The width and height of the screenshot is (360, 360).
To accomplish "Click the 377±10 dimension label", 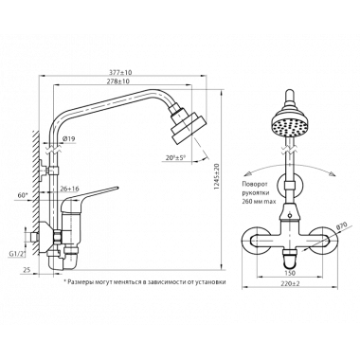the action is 121,72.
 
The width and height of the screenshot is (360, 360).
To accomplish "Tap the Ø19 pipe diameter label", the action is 68,138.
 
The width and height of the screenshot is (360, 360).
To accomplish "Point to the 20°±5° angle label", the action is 176,157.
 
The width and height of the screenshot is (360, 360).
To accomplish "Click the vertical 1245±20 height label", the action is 216,176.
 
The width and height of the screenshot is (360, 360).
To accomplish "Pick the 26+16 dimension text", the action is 69,189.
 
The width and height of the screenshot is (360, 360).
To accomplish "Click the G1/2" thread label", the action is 18,253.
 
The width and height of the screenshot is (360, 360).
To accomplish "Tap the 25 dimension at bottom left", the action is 27,270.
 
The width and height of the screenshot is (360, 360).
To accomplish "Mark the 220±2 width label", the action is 290,284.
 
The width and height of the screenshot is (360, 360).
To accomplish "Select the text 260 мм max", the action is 259,202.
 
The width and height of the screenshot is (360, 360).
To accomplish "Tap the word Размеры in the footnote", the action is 80,282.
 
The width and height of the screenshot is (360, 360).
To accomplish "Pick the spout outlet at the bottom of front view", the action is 290,260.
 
